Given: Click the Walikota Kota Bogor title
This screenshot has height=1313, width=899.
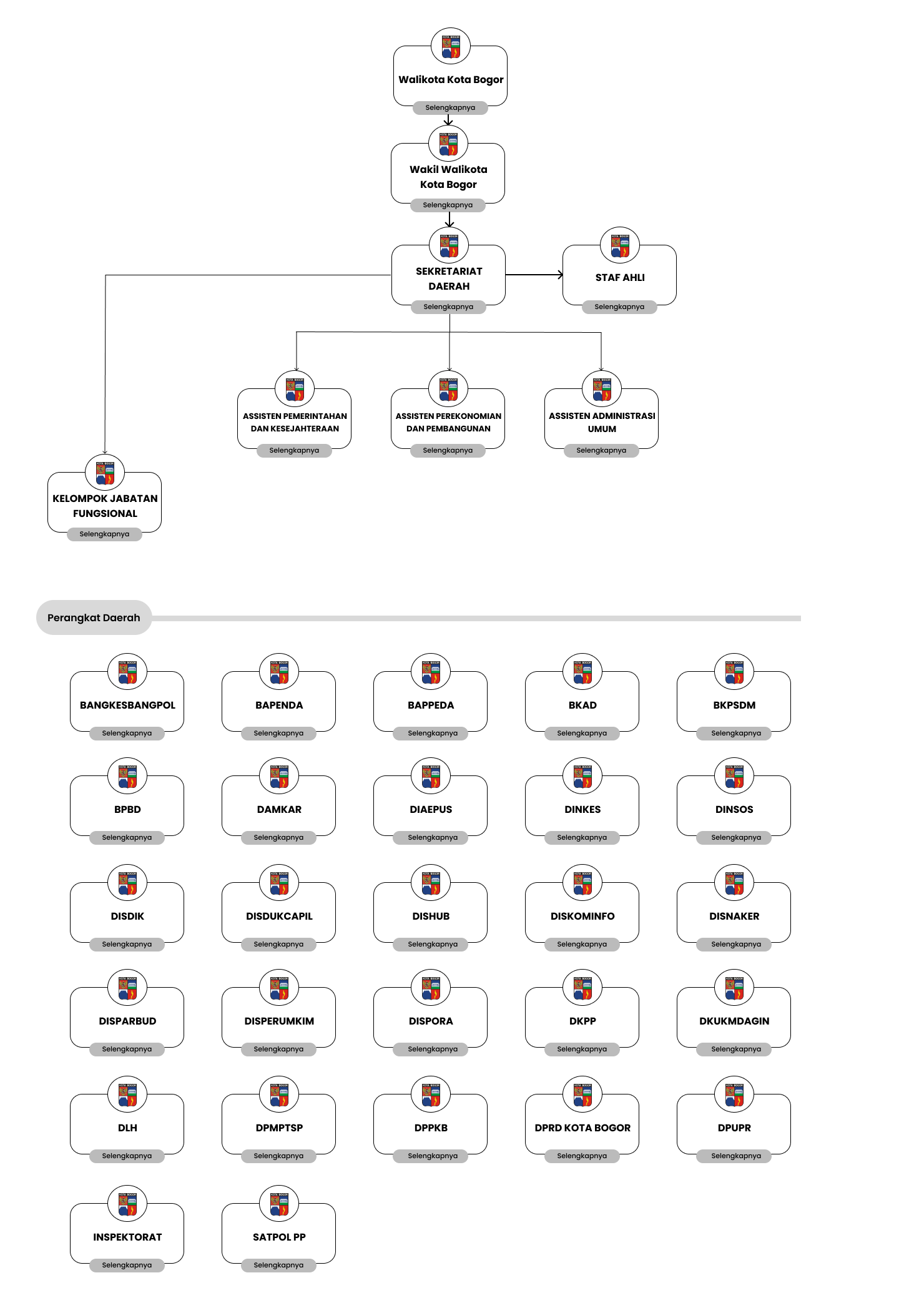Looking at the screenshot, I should tap(451, 79).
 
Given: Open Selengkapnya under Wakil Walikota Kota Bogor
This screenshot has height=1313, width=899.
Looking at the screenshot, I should tap(448, 205).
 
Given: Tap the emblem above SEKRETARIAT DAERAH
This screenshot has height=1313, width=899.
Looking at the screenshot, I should tap(448, 245).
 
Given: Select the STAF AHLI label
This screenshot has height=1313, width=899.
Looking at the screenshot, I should tap(619, 277).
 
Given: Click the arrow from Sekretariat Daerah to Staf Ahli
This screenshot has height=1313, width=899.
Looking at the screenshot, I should tap(534, 275).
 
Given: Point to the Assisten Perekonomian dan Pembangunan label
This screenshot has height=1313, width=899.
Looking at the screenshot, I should tap(448, 422).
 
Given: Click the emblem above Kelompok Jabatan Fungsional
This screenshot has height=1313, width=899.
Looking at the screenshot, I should tap(105, 473).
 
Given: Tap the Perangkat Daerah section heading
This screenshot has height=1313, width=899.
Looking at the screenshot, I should tap(94, 617).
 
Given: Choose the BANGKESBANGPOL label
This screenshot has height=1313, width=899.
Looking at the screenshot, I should tap(127, 705).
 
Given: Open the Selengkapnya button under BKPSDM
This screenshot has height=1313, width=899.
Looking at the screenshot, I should tap(735, 733).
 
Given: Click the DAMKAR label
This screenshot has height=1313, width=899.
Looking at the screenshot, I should tap(279, 809).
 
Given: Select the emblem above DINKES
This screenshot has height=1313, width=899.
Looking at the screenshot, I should tap(582, 776).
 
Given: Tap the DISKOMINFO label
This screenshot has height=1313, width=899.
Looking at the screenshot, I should tap(582, 916).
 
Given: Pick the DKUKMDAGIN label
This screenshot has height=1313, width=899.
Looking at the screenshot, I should tap(734, 1021).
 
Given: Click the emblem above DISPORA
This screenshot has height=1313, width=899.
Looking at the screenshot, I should tap(431, 988).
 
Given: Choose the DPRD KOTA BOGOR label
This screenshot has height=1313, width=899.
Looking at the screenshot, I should tap(582, 1128).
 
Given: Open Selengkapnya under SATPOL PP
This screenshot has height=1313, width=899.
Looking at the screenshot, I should tap(278, 1265).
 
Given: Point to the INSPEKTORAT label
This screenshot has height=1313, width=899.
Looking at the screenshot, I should tap(127, 1237).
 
